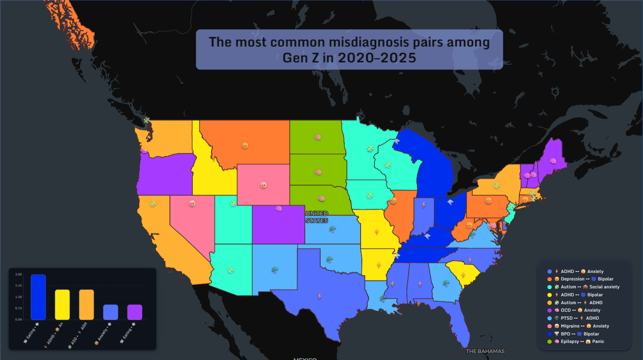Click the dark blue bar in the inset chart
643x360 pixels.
pos(38,297)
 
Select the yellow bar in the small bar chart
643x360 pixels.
pos(62,305)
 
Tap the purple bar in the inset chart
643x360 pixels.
pos(135,312)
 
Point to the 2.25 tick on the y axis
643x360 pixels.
pos(18,286)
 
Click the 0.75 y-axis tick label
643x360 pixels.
pos(18,308)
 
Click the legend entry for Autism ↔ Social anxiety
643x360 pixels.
pos(587,287)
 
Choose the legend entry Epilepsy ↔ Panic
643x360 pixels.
pos(579,342)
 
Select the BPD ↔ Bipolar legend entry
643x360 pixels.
pos(577,334)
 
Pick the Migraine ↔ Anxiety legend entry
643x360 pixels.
pos(582,326)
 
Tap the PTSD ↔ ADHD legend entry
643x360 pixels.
pos(576,318)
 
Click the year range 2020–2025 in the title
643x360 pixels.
pos(377,58)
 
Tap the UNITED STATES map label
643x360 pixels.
pos(317,217)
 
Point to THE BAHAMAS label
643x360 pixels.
pos(485,351)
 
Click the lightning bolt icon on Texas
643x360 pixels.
pos(319,297)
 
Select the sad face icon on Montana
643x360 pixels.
pos(245,145)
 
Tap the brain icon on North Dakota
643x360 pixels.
pos(318,137)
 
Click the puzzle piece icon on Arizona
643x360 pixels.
pos(231,270)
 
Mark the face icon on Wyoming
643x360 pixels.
pos(263,185)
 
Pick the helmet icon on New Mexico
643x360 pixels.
pos(274,270)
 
